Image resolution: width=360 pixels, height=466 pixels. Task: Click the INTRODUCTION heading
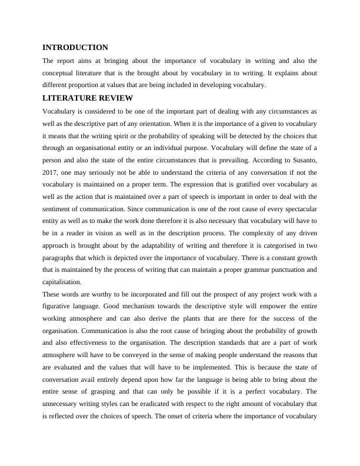75,47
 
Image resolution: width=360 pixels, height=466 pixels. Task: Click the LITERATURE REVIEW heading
88,98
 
